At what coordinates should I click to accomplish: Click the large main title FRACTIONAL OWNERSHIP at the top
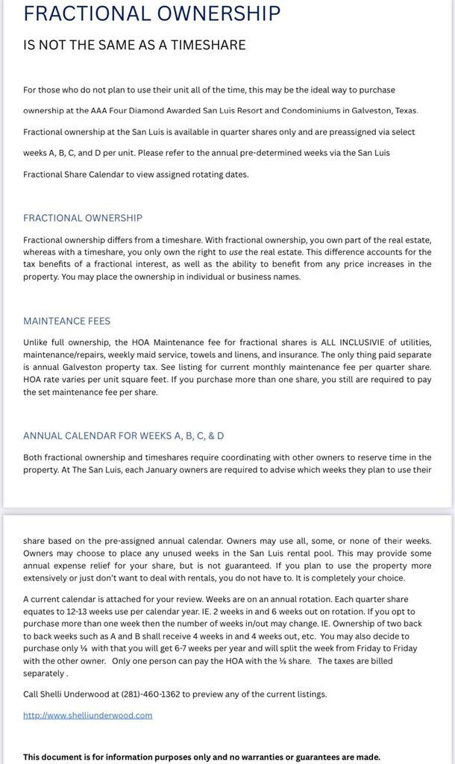click(x=151, y=14)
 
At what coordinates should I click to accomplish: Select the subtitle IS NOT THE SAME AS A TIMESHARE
click(x=134, y=45)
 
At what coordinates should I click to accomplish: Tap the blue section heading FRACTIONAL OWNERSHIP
click(x=83, y=218)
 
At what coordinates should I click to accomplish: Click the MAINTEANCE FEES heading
click(x=66, y=321)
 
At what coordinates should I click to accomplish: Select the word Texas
click(x=402, y=111)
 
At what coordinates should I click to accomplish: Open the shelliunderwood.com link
click(x=87, y=715)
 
